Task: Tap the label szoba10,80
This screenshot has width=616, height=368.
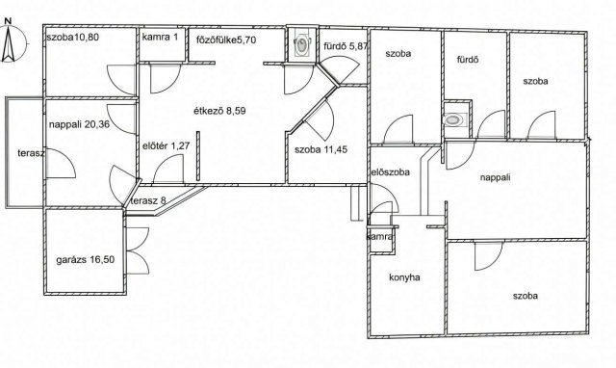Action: (73, 38)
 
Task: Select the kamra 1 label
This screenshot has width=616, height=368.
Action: (161, 38)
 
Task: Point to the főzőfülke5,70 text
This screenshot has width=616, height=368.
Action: (226, 39)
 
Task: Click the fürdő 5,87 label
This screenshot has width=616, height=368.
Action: (346, 46)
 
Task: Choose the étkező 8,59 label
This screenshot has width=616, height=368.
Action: (220, 111)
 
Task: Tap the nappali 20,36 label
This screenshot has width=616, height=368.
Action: (79, 124)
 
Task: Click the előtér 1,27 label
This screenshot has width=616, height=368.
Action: (167, 145)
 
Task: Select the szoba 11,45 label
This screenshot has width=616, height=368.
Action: (321, 149)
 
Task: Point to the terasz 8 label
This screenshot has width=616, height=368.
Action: (148, 201)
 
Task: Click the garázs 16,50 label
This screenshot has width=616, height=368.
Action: (86, 260)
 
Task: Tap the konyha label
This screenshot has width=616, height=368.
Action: (404, 277)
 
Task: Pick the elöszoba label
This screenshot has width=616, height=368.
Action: (391, 172)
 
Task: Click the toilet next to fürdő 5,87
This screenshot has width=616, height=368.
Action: (302, 44)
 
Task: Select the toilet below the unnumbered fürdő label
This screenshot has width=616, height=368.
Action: (453, 119)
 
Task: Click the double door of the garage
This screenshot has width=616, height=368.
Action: (138, 250)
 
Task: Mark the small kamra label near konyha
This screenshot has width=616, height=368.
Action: (379, 237)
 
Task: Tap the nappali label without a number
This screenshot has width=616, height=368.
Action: (495, 177)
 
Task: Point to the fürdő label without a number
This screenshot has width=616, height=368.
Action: (468, 60)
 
